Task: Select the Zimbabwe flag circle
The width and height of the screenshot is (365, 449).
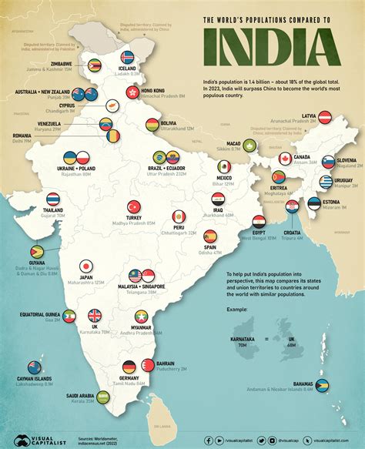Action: click(95, 66)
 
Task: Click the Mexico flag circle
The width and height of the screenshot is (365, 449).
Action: click(224, 167)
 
